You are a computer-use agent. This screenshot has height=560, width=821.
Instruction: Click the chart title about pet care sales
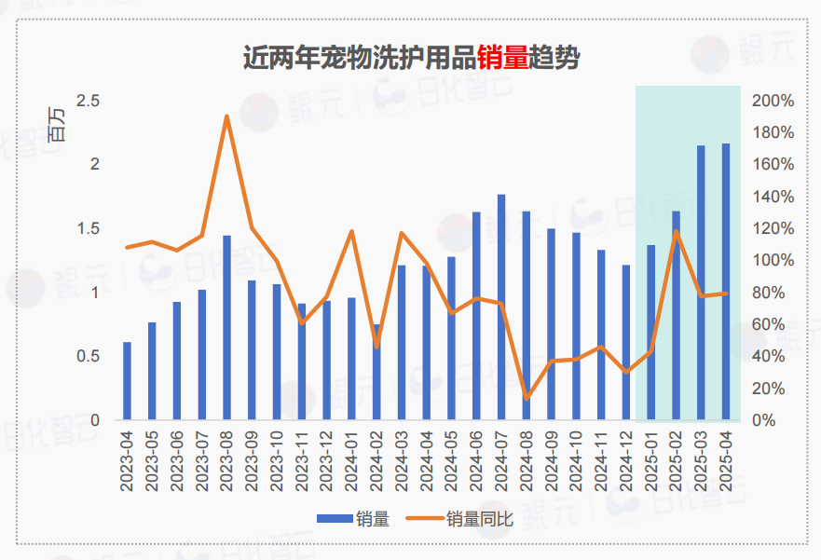pos(411,58)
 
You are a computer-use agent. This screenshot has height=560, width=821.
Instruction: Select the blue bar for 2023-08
pos(226,327)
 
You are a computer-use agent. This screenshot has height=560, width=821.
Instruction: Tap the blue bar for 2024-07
pos(501,307)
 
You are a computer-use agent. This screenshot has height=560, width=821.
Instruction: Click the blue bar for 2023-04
pos(127,381)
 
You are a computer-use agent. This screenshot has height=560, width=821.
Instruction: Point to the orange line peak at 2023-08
pos(226,116)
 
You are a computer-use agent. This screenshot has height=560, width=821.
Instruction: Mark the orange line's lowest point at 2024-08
pos(527,398)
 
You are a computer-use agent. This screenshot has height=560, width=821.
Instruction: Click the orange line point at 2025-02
pos(677,231)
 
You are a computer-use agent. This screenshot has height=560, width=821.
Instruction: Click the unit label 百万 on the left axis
pos(57,124)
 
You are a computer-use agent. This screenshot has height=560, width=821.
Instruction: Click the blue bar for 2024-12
pos(626,342)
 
